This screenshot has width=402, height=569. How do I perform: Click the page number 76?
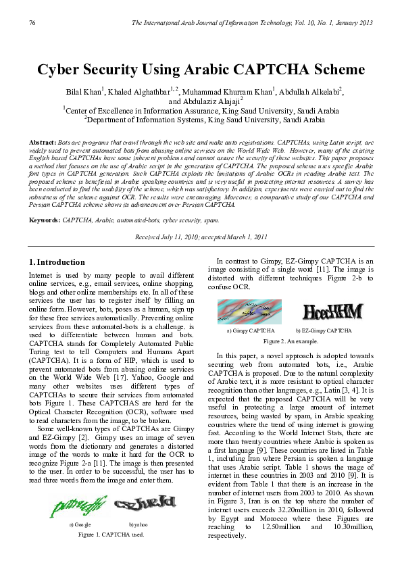[x=32, y=24]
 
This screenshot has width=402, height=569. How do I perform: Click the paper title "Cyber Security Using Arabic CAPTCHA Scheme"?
[x=201, y=70]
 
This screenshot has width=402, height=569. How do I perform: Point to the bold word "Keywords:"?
[x=44, y=201]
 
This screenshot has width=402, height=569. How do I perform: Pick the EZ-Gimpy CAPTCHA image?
[x=332, y=312]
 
